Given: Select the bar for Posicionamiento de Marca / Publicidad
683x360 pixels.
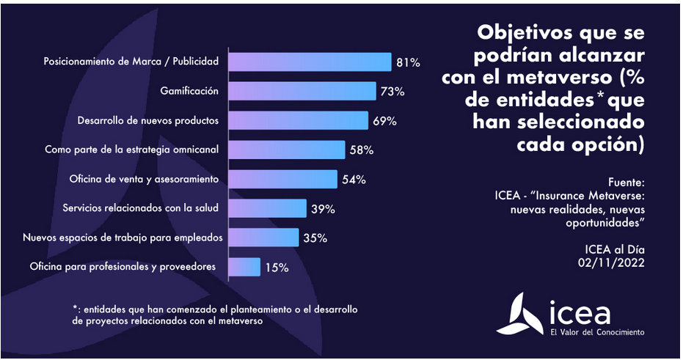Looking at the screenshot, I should tap(310, 62).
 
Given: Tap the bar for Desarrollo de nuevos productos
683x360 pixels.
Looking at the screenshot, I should tap(298, 120).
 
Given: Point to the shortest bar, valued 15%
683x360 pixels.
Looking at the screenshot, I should tap(244, 267).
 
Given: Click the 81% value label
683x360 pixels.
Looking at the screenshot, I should tap(408, 63).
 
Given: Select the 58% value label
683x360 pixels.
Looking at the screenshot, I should tap(362, 150).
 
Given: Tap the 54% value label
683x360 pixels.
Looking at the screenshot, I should tap(354, 180).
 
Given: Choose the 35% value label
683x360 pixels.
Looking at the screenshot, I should tap(315, 238).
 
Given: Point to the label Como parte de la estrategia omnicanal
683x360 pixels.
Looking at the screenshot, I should tap(133, 150).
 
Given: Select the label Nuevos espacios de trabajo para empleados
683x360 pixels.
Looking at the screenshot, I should tap(123, 238).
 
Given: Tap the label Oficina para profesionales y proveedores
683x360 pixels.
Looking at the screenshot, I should tap(123, 267).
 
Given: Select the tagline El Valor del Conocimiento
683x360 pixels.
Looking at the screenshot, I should tap(597, 332).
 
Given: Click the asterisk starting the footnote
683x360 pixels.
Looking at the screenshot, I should tap(75, 309).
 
